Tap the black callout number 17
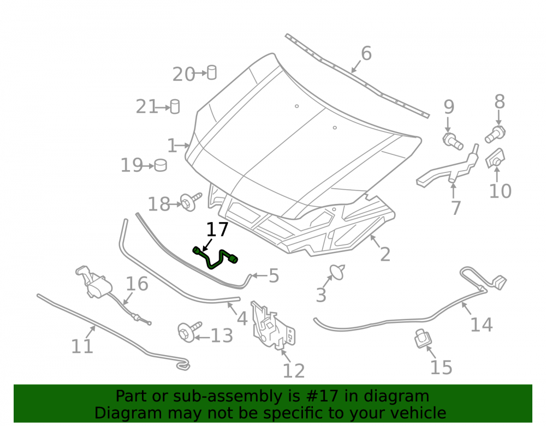pyautogui.click(x=217, y=230)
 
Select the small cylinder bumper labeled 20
pyautogui.click(x=212, y=73)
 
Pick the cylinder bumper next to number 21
pyautogui.click(x=175, y=107)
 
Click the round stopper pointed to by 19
pyautogui.click(x=161, y=165)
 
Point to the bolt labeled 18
pyautogui.click(x=191, y=201)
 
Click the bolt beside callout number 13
pyautogui.click(x=189, y=331)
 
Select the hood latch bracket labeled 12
pyautogui.click(x=272, y=325)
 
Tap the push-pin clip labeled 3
pyautogui.click(x=337, y=272)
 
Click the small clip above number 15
pyautogui.click(x=423, y=338)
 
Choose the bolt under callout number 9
pyautogui.click(x=452, y=141)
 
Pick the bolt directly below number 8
pyautogui.click(x=495, y=135)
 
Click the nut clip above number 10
pyautogui.click(x=495, y=158)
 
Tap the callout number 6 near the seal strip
pyautogui.click(x=366, y=53)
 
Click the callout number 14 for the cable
pyautogui.click(x=481, y=325)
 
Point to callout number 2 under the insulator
pyautogui.click(x=385, y=255)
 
